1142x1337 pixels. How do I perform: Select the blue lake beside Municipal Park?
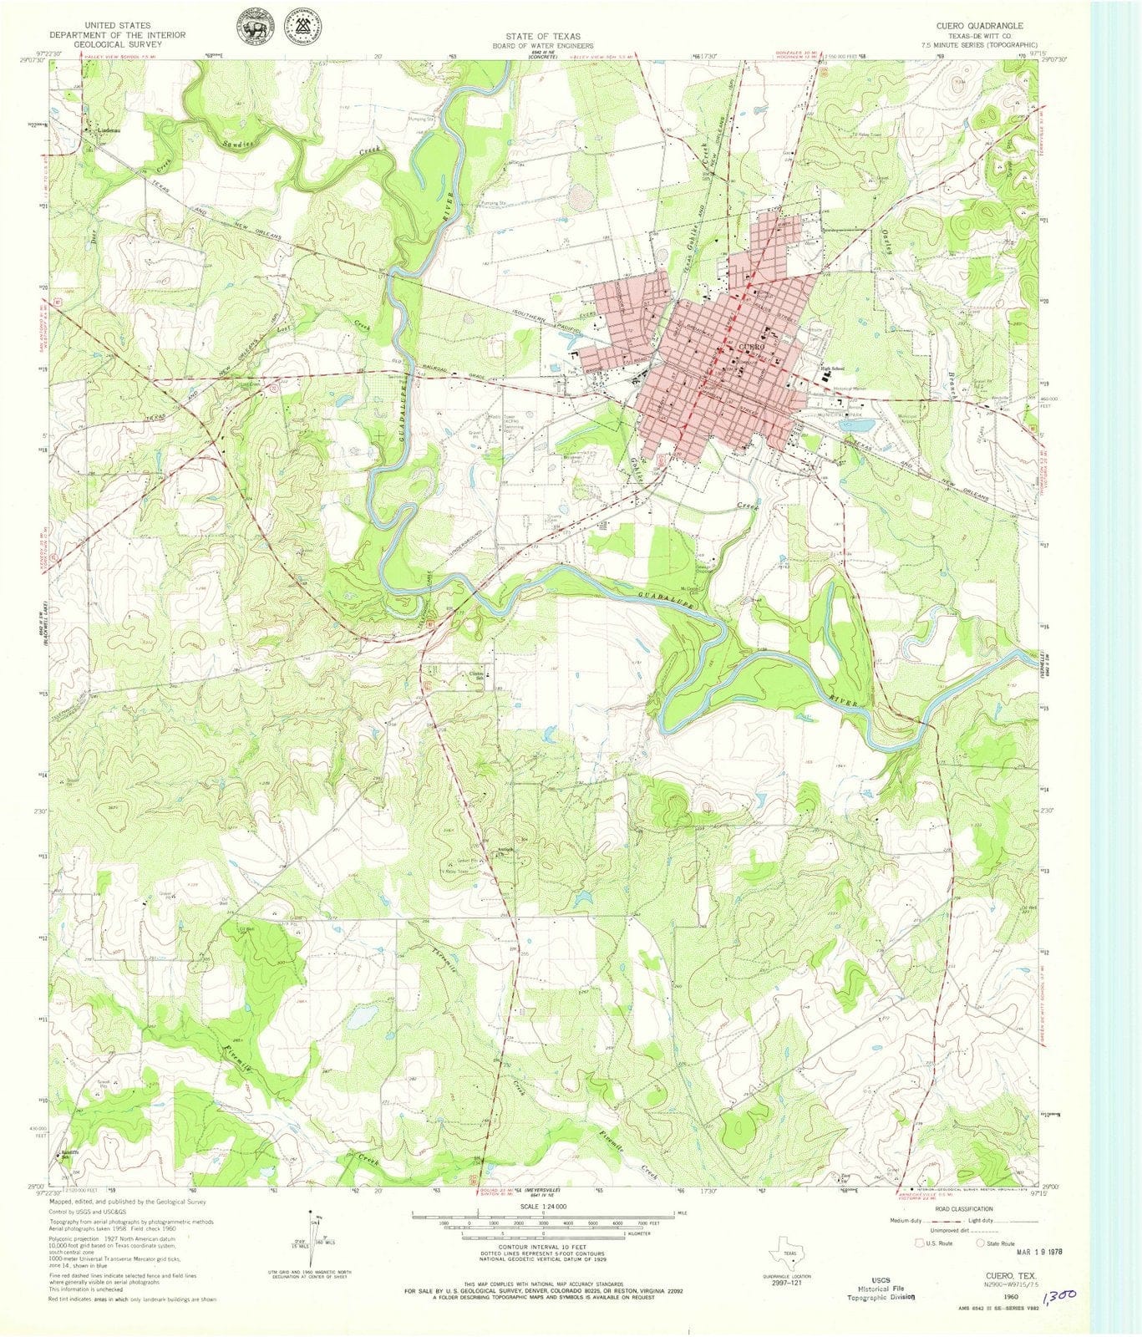coord(860,424)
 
